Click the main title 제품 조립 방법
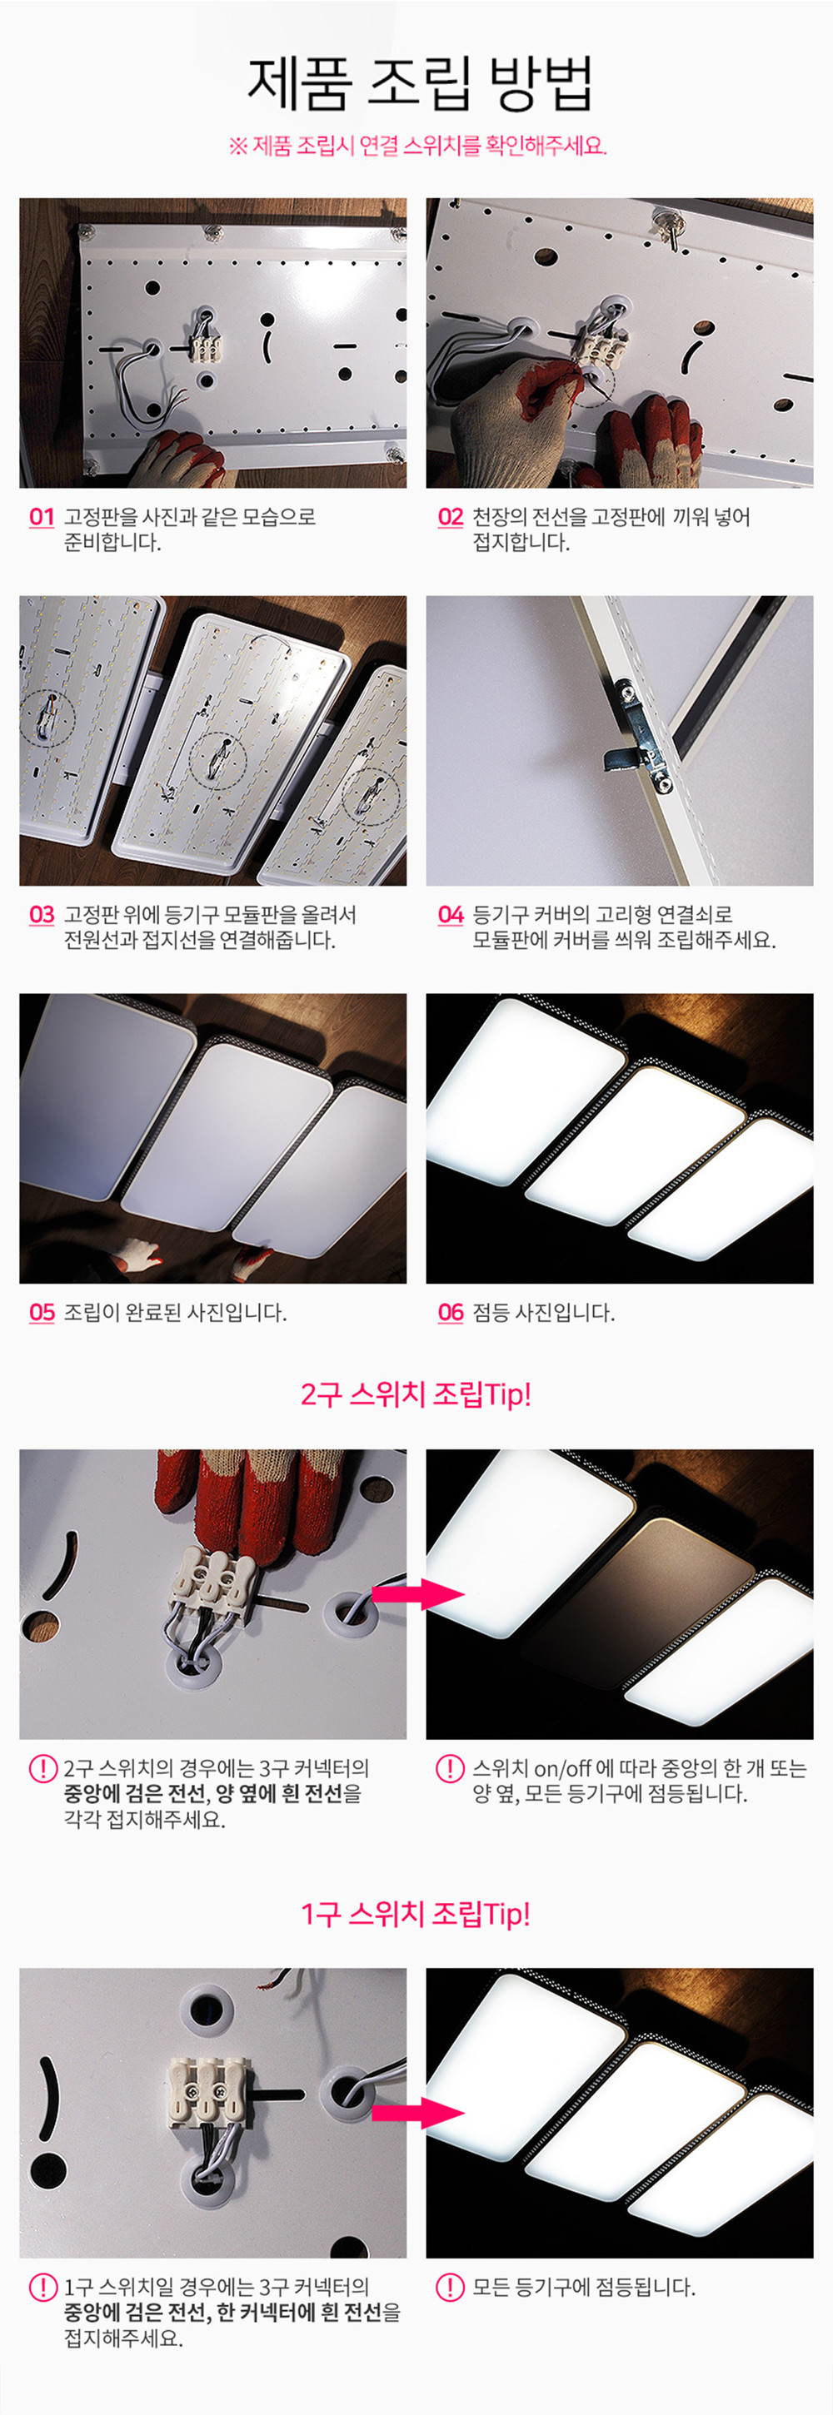(x=419, y=82)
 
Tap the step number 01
(x=42, y=517)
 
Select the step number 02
(x=451, y=517)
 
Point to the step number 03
(x=42, y=914)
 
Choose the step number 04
(x=451, y=914)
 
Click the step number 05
(x=42, y=1312)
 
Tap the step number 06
(x=451, y=1312)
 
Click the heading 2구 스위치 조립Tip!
(x=416, y=1394)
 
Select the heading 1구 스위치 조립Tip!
(x=416, y=1914)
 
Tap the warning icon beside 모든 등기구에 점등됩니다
(x=451, y=2287)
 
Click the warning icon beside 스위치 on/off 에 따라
(x=451, y=1768)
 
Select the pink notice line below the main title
(x=417, y=147)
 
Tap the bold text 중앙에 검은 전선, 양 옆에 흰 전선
(x=203, y=1793)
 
